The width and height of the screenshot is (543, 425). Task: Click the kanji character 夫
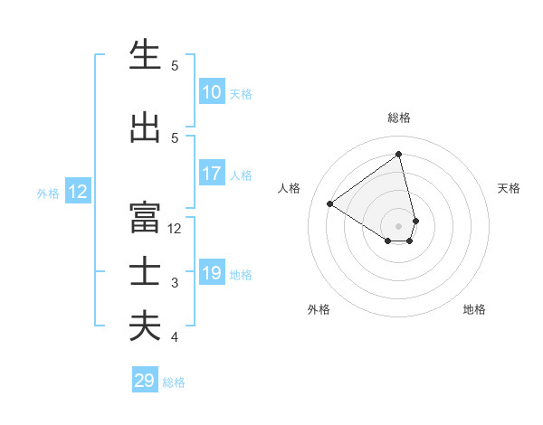145,326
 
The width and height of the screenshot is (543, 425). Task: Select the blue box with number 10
212,92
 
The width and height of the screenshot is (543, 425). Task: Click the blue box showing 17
212,174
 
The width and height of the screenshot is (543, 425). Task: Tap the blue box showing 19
212,273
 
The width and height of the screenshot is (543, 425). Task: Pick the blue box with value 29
145,381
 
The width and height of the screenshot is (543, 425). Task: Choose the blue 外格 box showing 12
78,192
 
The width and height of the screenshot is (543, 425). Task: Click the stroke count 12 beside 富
175,229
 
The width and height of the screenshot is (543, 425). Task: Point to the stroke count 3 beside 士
175,283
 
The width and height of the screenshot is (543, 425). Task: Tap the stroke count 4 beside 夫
175,337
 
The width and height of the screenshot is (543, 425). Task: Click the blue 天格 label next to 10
241,94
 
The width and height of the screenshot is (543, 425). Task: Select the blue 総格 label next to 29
174,382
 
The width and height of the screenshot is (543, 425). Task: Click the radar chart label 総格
399,118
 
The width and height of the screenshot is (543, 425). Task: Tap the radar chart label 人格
289,188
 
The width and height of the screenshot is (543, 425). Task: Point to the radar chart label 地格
474,309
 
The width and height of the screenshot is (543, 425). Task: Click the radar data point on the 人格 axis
330,203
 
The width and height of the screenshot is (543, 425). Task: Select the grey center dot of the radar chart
399,225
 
